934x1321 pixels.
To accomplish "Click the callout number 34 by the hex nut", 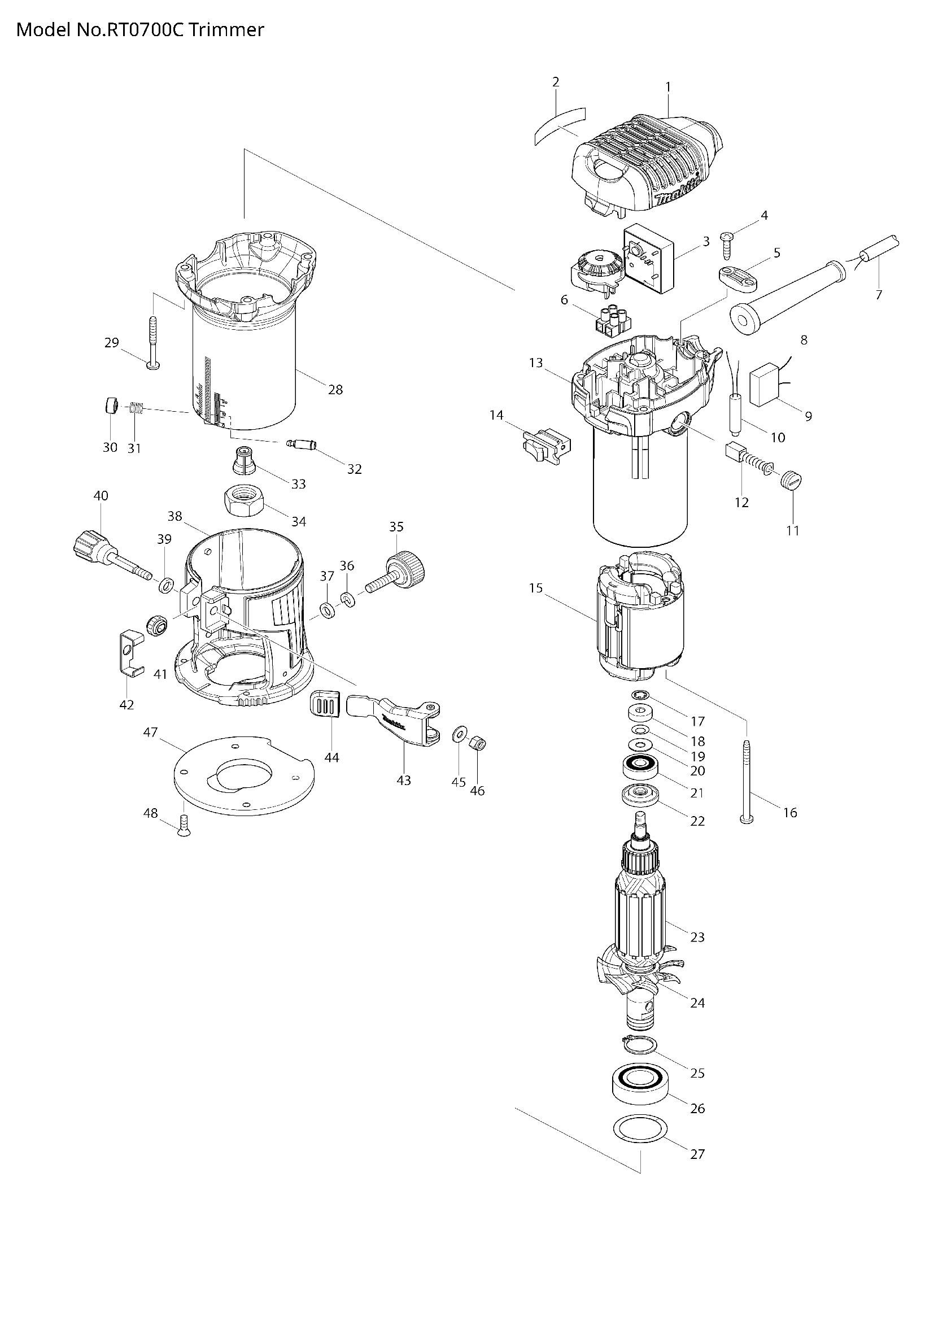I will tap(299, 522).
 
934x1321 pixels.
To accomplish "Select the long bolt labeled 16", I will tap(747, 779).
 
